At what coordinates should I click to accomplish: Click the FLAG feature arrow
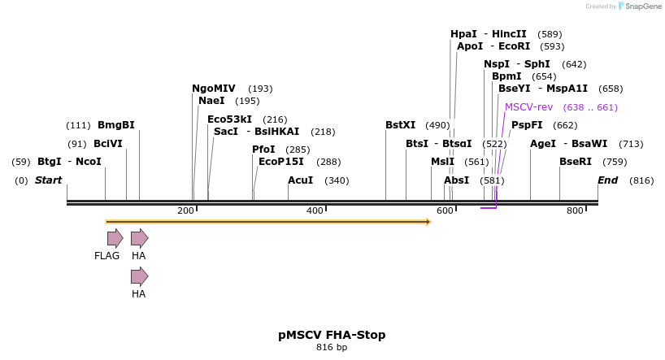coord(115,238)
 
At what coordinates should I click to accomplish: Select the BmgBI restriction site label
coord(115,125)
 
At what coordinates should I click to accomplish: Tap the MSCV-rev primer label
coord(528,107)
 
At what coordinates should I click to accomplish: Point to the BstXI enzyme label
coord(400,125)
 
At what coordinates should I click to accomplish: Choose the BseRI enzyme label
coord(576,162)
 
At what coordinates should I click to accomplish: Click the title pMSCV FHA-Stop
coord(332,335)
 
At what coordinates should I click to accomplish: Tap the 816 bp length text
coord(332,348)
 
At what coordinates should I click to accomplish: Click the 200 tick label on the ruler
coord(186,211)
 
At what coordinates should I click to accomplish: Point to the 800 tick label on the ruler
coord(575,211)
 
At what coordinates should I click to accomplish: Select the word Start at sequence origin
coord(48,180)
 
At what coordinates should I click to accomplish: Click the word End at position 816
coord(607,180)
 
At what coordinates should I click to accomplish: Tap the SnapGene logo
coord(640,7)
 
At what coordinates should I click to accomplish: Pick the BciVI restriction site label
coord(108,144)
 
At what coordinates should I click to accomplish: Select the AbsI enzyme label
coord(456,180)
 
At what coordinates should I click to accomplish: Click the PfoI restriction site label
coord(263,150)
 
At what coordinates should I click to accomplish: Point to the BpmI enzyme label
coord(506,76)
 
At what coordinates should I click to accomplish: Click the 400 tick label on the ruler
coord(315,211)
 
